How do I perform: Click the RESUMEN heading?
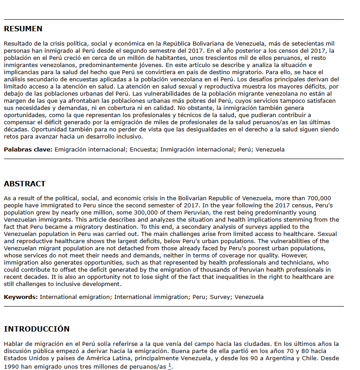point(23,29)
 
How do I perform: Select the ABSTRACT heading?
point(25,184)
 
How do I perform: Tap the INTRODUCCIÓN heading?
point(37,329)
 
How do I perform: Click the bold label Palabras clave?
point(28,149)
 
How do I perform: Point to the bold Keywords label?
point(21,297)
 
